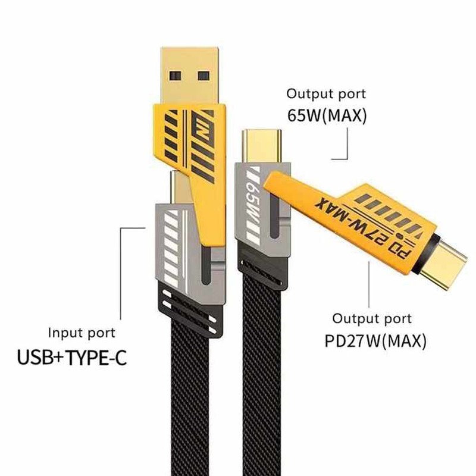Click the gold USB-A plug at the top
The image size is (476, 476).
click(189, 76)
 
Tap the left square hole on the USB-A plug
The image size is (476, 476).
click(175, 76)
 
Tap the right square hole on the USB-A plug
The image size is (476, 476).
click(203, 76)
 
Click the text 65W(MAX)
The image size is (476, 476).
click(327, 115)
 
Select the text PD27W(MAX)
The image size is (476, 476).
click(375, 341)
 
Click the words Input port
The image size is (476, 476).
click(82, 333)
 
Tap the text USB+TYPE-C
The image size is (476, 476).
click(71, 358)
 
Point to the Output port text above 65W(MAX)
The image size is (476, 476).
click(326, 94)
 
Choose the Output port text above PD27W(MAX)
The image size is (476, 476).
click(372, 319)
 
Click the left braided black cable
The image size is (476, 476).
click(190, 394)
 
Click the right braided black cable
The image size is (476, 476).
click(262, 380)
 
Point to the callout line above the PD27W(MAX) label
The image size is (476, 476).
click(369, 284)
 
